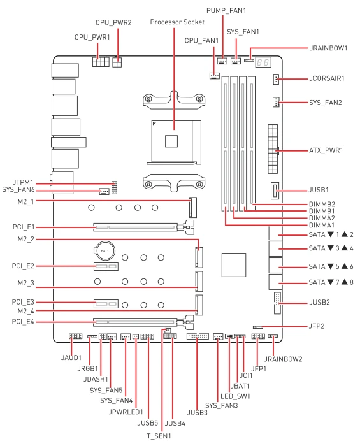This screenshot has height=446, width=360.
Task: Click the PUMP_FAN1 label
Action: tap(226, 11)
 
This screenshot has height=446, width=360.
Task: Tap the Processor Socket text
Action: tap(177, 22)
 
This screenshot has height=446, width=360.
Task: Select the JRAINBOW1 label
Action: tap(328, 48)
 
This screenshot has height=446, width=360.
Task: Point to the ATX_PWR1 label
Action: tap(326, 150)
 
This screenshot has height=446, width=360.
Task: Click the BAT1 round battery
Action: tap(104, 251)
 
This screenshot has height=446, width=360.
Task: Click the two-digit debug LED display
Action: tap(263, 62)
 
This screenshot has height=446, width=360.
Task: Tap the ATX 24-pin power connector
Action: tap(273, 148)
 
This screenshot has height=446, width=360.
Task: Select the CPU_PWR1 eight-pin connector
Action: tap(101, 62)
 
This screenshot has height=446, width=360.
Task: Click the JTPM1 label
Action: tap(23, 182)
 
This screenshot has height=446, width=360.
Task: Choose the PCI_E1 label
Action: tap(24, 227)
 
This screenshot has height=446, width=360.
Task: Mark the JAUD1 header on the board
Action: tap(75, 336)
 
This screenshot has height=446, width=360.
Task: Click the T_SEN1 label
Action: tap(159, 436)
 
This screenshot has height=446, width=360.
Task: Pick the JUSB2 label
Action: tap(319, 302)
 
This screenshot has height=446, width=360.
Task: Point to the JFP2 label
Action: tap(317, 326)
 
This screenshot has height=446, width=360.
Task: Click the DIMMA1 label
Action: tap(322, 226)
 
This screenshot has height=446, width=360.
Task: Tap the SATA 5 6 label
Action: tap(331, 266)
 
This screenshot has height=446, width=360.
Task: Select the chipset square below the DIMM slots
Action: tap(234, 265)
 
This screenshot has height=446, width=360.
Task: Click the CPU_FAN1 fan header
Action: tap(215, 76)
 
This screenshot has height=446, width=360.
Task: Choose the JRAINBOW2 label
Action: tap(284, 359)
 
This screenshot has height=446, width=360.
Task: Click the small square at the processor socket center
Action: tap(171, 141)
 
